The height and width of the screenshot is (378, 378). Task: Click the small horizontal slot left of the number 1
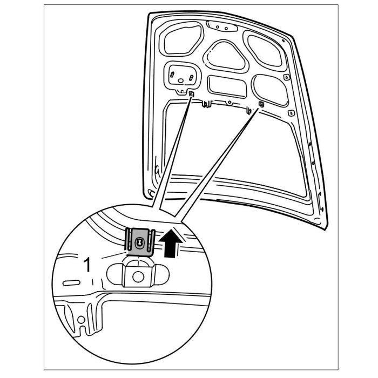point(70,283)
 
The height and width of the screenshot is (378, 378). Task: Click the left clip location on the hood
point(192,94)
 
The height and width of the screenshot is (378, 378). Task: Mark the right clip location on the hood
point(260,104)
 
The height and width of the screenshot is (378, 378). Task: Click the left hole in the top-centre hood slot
point(215,25)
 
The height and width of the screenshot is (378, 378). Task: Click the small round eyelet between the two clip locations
point(230,101)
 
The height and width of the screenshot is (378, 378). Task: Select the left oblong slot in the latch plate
point(173,75)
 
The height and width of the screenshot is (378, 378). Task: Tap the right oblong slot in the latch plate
point(190,78)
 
